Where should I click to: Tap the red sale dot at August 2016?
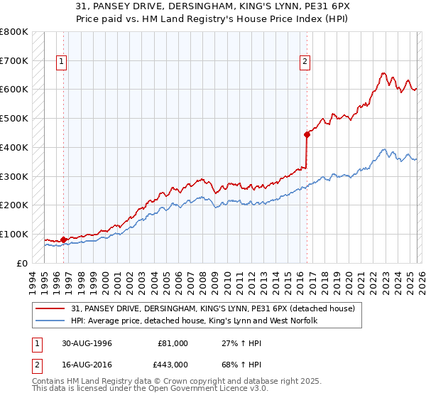(x=307, y=134)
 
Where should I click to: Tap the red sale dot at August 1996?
(x=64, y=240)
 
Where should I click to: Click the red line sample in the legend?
(x=50, y=308)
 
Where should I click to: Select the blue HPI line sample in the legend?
(x=50, y=321)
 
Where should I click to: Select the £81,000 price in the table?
(x=173, y=343)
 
